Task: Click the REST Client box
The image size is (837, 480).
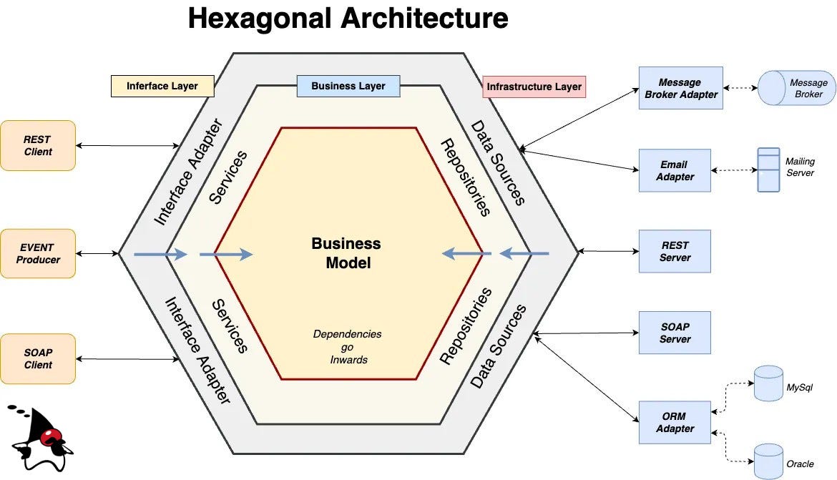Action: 38,145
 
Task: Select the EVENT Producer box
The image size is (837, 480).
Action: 38,253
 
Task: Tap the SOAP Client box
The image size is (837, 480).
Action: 38,358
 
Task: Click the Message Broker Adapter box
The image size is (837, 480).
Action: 680,88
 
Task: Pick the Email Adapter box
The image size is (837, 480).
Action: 675,170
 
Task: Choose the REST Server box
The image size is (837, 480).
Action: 675,251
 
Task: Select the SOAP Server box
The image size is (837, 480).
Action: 675,333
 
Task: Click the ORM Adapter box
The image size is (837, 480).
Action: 675,422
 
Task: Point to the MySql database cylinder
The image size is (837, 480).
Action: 768,383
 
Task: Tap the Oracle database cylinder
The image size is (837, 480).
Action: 768,461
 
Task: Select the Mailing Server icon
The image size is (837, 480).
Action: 768,170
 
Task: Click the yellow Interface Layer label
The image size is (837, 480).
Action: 162,86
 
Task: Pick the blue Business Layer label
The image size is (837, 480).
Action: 348,86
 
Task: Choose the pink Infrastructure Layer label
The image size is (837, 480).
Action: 534,87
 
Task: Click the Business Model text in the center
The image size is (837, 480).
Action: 347,253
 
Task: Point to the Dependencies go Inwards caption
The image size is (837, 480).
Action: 348,346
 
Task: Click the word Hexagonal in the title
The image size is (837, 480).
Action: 260,19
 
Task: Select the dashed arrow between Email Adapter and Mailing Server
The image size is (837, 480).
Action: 734,170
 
